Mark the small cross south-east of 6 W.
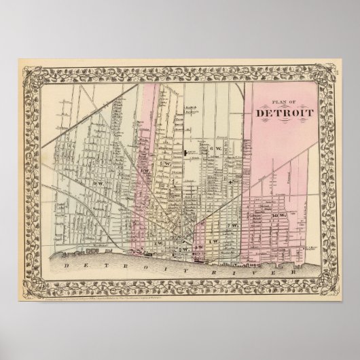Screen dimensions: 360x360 (231, 182)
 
